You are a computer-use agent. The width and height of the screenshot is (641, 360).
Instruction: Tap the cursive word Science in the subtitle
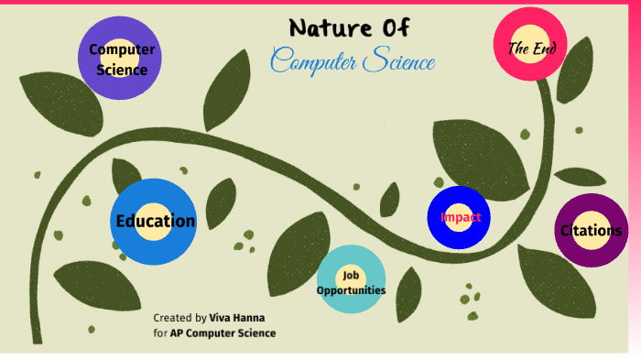pyautogui.click(x=397, y=61)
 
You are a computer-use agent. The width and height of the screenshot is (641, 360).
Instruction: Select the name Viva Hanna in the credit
pyautogui.click(x=238, y=316)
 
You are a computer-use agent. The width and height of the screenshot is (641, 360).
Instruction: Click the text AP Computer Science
pyautogui.click(x=223, y=333)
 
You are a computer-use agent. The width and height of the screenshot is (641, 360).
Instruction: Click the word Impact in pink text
pyautogui.click(x=461, y=217)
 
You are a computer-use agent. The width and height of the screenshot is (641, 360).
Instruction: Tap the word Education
pyautogui.click(x=155, y=221)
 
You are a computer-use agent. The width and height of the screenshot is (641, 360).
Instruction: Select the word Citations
pyautogui.click(x=591, y=231)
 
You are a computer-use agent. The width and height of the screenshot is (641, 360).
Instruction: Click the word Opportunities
pyautogui.click(x=351, y=290)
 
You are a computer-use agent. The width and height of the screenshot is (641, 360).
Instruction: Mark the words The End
pyautogui.click(x=532, y=48)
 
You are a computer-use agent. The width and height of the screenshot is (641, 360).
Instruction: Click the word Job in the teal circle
pyautogui.click(x=351, y=275)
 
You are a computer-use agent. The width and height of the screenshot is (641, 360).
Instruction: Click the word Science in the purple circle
pyautogui.click(x=122, y=69)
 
